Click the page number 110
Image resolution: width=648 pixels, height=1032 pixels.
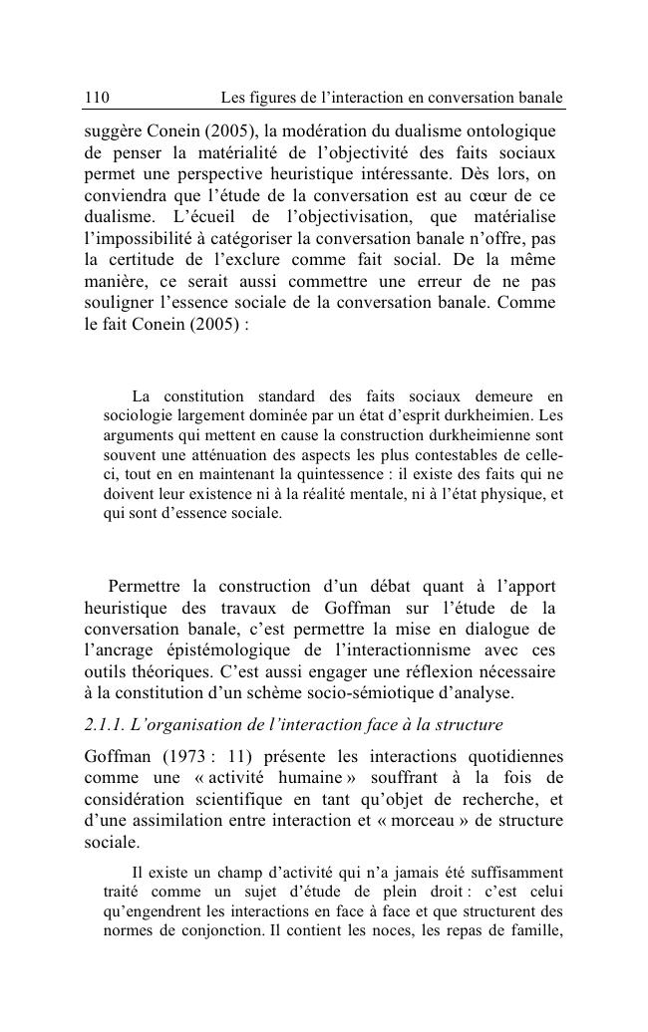click(96, 98)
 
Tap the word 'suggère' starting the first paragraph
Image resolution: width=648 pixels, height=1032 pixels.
click(116, 130)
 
